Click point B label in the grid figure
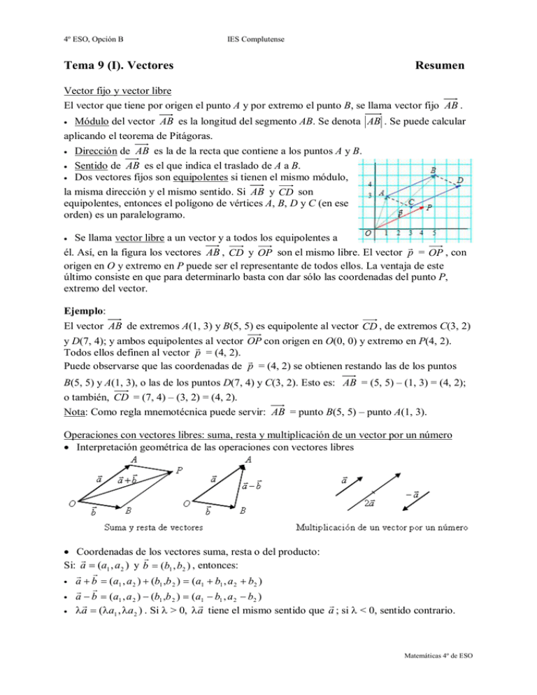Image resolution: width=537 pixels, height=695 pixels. pos(434,169)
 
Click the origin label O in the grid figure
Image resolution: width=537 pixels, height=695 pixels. pos(367,231)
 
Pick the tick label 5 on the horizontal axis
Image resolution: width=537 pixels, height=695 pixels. pos(435,232)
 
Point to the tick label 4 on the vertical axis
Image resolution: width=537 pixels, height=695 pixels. pos(371,185)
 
